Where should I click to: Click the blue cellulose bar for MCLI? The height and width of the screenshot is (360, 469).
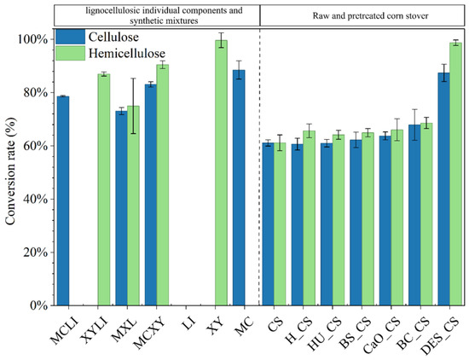coord(63,200)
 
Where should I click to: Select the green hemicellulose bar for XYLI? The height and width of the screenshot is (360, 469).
coord(104,189)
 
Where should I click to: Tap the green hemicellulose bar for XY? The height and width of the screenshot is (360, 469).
coord(222,172)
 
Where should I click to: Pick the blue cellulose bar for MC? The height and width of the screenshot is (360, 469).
coord(239,188)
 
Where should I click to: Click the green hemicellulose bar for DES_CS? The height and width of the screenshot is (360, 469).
coord(456,174)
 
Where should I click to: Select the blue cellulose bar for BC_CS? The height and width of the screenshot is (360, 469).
coord(414,215)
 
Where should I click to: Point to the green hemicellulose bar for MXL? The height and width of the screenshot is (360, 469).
coord(133,206)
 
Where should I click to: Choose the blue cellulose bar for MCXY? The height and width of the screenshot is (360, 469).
coord(151,195)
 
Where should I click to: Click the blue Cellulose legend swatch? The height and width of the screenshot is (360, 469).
coord(70,37)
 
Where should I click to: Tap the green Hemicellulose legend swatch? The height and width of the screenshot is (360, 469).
coord(70,53)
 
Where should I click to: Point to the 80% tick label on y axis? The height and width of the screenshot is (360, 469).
coord(36,92)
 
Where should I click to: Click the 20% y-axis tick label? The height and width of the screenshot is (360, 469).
coord(36,253)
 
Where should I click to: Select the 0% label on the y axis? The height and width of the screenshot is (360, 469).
coord(39,305)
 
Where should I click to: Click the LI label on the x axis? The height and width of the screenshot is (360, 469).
coord(189,324)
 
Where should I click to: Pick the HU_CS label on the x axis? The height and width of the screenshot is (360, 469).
coord(325,334)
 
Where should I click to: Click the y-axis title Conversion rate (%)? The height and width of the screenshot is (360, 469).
coord(10,171)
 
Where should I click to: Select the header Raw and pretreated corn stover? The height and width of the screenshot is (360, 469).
coord(370,15)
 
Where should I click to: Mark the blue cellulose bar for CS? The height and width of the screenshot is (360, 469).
coord(269,224)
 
